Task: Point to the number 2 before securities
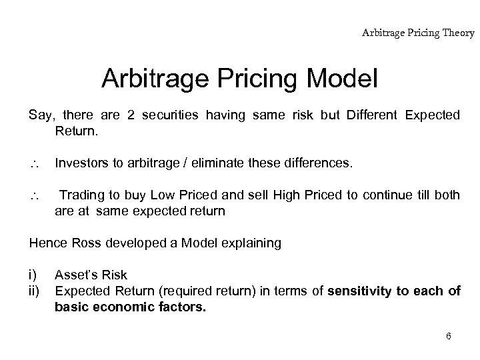[131, 115]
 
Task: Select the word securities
[173, 115]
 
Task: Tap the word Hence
[46, 243]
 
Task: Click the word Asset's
[76, 275]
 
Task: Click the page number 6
[449, 336]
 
